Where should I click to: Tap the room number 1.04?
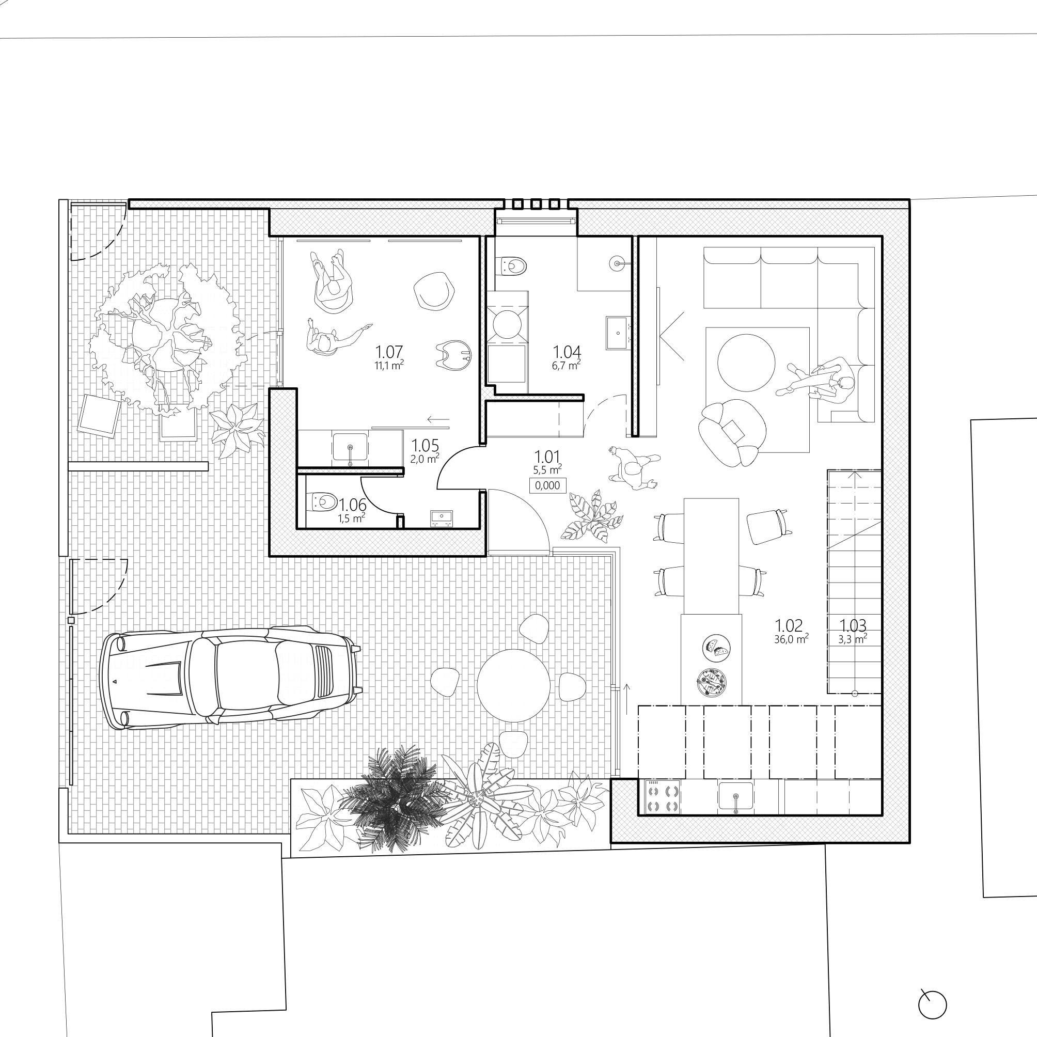(567, 352)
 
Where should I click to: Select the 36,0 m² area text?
(791, 639)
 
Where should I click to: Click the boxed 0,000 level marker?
(547, 485)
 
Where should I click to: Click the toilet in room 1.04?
(513, 265)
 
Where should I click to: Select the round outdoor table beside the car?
(514, 685)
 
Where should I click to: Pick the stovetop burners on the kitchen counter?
(661, 797)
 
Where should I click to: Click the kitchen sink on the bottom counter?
(735, 796)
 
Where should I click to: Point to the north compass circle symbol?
(932, 1005)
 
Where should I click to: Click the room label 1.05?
(425, 446)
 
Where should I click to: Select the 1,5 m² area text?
(352, 518)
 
